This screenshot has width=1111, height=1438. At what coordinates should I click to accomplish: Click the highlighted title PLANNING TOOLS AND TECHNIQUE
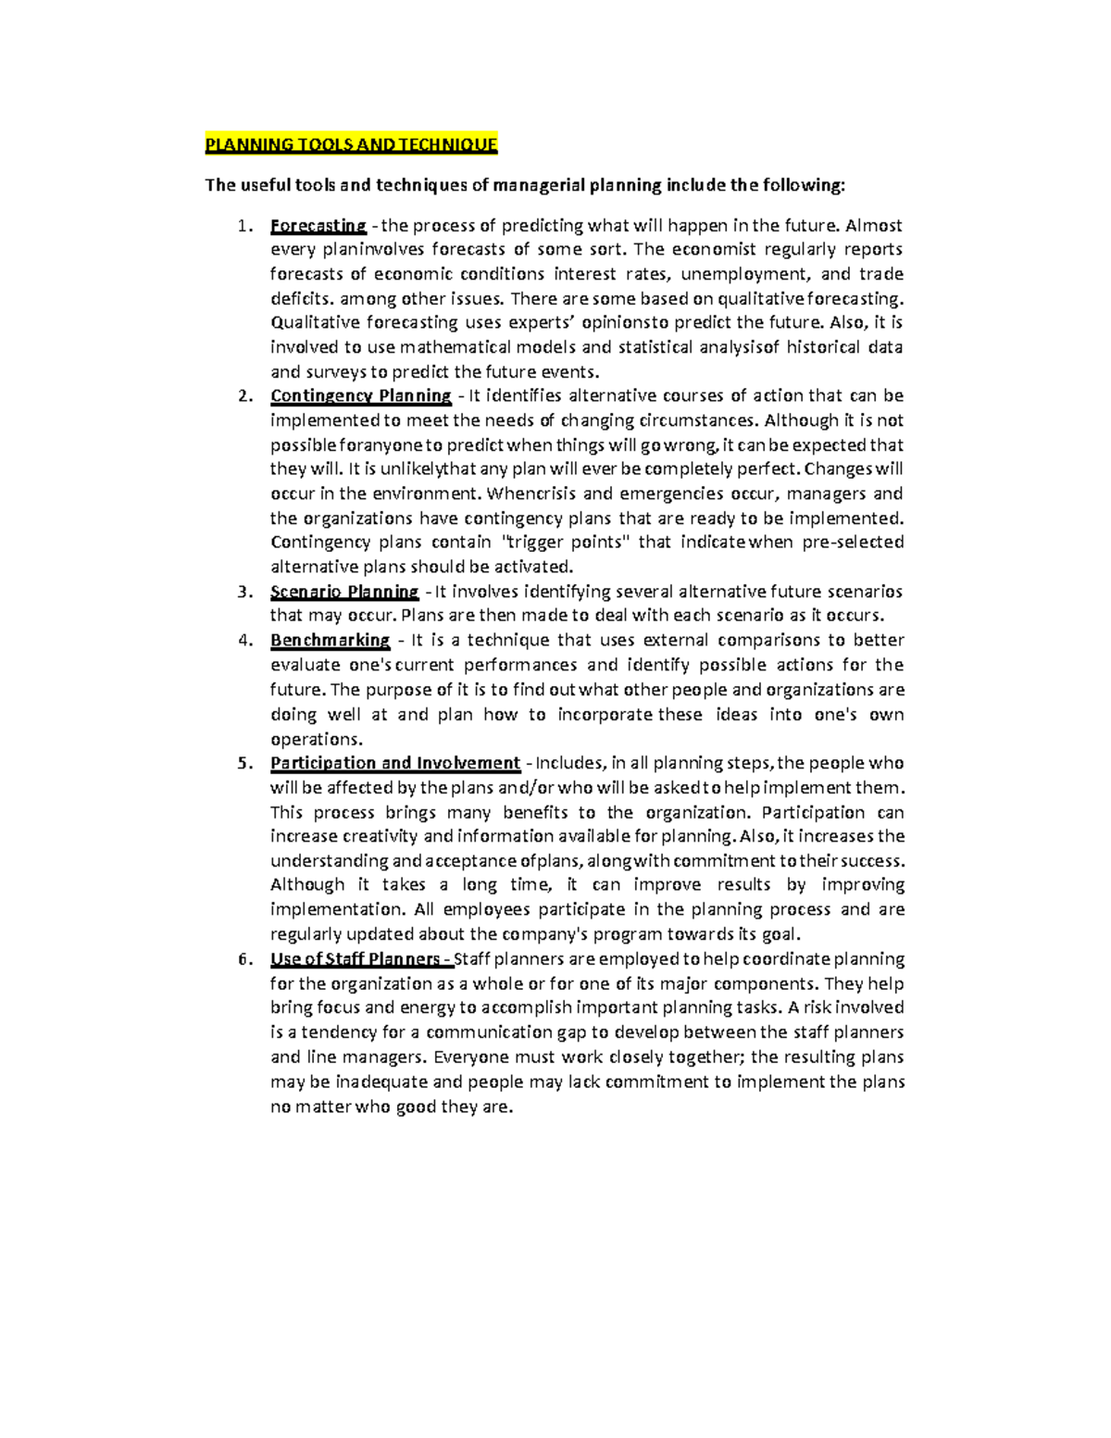[x=351, y=144]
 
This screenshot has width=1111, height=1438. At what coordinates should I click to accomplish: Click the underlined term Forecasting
[x=318, y=225]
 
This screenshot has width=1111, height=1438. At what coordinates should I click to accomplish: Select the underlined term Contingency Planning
[x=360, y=396]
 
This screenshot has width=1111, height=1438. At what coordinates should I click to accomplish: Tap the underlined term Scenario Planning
[x=344, y=592]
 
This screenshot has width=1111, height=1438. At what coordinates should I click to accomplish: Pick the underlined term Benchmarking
[x=330, y=641]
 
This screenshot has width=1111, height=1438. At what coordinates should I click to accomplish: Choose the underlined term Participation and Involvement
[x=394, y=763]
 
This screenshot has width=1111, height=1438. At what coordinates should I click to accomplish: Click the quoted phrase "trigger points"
[x=564, y=543]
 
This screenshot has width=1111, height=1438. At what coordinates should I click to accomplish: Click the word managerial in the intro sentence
[x=539, y=185]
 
